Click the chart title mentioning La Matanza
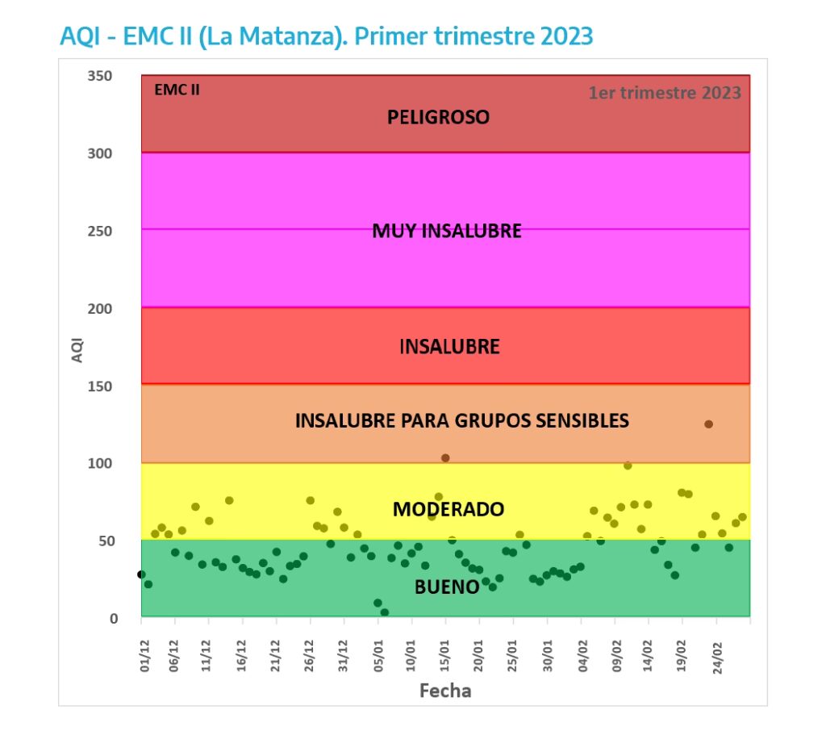(x=326, y=36)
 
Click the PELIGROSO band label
(x=438, y=117)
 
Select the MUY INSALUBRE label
(x=446, y=232)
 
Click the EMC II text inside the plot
(x=177, y=90)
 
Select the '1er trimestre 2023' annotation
(x=664, y=93)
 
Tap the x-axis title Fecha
(x=444, y=691)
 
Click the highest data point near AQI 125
(x=708, y=424)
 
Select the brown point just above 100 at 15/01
(x=445, y=458)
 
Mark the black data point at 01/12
(x=141, y=574)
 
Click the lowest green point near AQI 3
(x=385, y=612)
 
